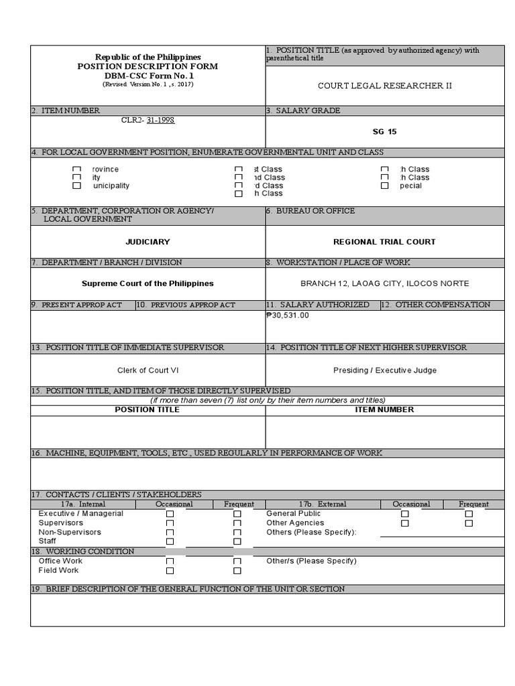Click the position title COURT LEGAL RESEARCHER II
(385, 86)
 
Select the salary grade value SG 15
(385, 131)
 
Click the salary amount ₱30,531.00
(288, 315)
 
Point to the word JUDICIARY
(148, 241)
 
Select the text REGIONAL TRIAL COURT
(384, 241)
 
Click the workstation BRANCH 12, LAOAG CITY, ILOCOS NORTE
(384, 283)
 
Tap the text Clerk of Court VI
(148, 370)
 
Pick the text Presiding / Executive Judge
(384, 370)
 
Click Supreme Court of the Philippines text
(148, 283)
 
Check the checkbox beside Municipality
(77, 186)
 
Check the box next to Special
(384, 186)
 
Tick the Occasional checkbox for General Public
(404, 514)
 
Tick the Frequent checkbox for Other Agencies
(469, 523)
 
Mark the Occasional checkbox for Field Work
(170, 571)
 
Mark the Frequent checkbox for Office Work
(237, 561)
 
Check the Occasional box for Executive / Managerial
(170, 514)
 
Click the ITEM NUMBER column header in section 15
(384, 409)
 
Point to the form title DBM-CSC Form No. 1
(148, 76)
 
